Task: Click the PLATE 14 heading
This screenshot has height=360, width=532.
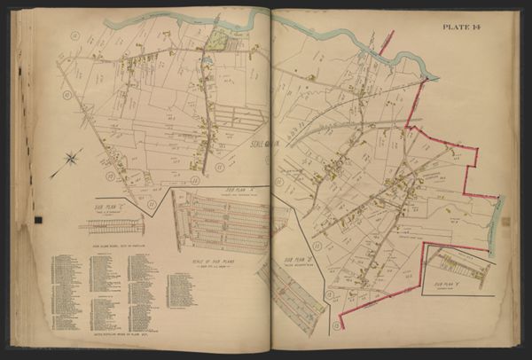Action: tap(474, 27)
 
